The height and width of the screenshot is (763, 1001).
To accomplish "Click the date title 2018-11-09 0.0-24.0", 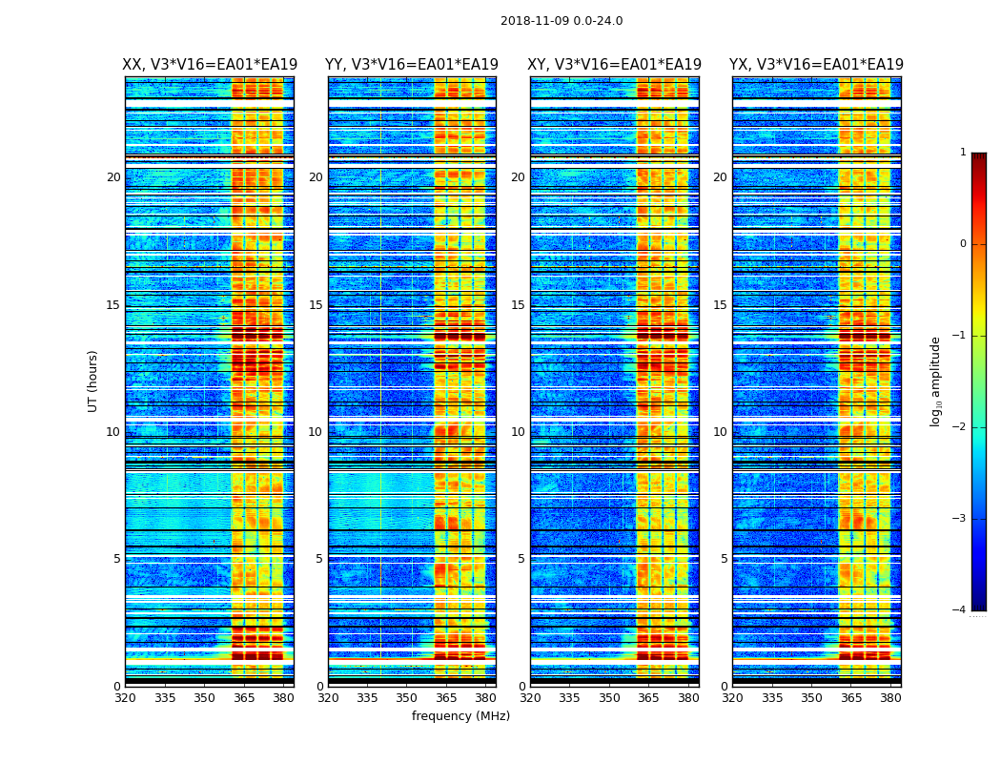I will click(x=562, y=21).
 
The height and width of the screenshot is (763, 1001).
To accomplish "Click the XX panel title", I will click(x=210, y=65).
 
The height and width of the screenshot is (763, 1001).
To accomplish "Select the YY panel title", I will click(x=412, y=65).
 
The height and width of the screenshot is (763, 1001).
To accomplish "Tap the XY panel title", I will click(x=615, y=65).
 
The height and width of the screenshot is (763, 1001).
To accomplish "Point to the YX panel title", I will click(x=816, y=65).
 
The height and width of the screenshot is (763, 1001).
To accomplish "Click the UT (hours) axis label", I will click(x=93, y=381).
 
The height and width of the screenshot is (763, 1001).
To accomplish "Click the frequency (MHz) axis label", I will click(x=460, y=716).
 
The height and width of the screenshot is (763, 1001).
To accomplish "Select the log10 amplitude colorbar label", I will click(x=936, y=381).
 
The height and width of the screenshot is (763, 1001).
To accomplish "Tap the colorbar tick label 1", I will click(x=963, y=153).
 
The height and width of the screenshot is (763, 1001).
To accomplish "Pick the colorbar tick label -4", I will click(x=960, y=610).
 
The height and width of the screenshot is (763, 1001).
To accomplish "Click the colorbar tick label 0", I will click(x=963, y=244).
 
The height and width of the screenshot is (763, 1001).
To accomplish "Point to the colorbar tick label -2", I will click(x=960, y=427).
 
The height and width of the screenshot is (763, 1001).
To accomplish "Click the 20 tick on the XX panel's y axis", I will click(x=113, y=177).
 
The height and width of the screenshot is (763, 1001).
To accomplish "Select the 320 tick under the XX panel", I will click(x=125, y=697).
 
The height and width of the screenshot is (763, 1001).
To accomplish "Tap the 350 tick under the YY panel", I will click(x=407, y=697).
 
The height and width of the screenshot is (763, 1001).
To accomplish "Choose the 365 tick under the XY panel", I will click(x=648, y=697).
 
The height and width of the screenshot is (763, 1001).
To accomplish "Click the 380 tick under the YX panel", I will click(x=890, y=697).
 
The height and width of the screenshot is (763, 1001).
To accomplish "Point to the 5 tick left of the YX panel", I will click(x=725, y=559).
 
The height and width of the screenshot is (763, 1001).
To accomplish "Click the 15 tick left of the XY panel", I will click(x=518, y=305).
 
